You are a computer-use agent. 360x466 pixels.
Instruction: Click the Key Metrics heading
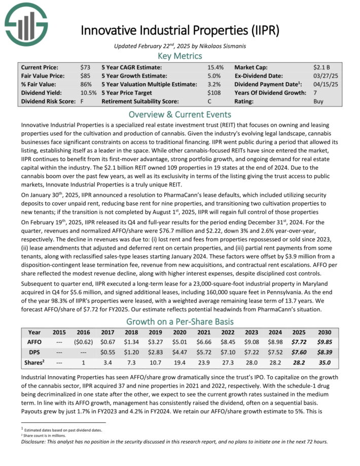[179, 56]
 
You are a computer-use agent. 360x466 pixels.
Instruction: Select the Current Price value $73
[85, 67]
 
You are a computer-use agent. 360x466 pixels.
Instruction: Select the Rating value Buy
[319, 101]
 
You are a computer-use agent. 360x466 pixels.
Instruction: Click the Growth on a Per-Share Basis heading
[179, 321]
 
